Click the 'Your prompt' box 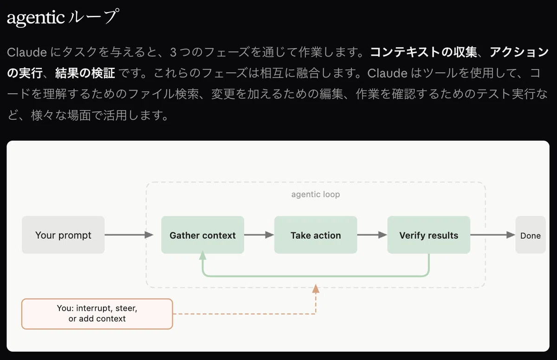pyautogui.click(x=63, y=235)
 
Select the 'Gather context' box pyautogui.click(x=202, y=235)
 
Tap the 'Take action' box pyautogui.click(x=316, y=235)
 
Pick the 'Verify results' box pyautogui.click(x=428, y=235)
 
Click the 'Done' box pyautogui.click(x=530, y=235)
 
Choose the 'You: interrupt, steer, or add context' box pyautogui.click(x=97, y=314)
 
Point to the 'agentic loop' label pyautogui.click(x=316, y=194)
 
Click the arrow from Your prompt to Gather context pyautogui.click(x=129, y=235)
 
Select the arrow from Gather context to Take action pyautogui.click(x=259, y=235)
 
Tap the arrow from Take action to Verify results pyautogui.click(x=372, y=235)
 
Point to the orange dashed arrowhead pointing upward pyautogui.click(x=316, y=289)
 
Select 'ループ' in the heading pyautogui.click(x=92, y=18)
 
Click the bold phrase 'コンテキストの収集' pyautogui.click(x=423, y=52)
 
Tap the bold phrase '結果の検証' pyautogui.click(x=85, y=73)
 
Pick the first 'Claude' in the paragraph pyautogui.click(x=26, y=52)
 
